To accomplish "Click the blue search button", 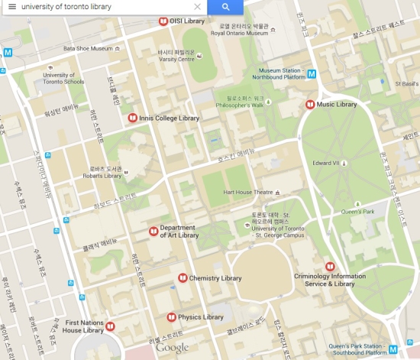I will point(225,7).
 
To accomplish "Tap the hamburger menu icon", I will point(11,7).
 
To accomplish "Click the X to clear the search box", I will point(197,7).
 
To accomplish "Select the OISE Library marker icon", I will point(162,21).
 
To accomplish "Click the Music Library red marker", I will point(310,104).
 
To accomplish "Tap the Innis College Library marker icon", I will point(132,118).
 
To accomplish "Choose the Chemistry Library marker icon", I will point(182,277).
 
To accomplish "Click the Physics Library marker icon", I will point(171,316).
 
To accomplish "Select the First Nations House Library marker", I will point(110,326).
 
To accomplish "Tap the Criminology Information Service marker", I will point(329,266).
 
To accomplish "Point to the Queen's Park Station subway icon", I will point(393,349).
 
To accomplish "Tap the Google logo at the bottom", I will point(172,348).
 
